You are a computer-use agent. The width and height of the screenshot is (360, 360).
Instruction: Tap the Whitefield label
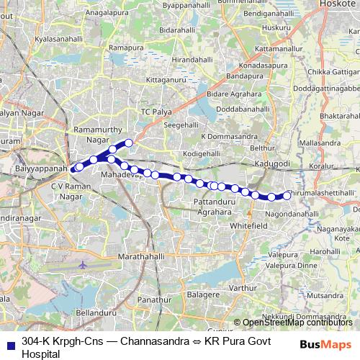click(x=248, y=225)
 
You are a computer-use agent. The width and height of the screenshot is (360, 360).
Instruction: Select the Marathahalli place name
click(x=141, y=257)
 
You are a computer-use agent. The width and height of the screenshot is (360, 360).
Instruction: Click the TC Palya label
click(x=156, y=112)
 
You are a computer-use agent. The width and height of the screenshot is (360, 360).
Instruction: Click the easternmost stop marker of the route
click(x=287, y=195)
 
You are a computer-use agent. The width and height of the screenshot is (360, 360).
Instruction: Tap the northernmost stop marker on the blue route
click(x=130, y=143)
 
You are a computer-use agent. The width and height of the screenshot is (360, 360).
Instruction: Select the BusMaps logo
click(x=325, y=344)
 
